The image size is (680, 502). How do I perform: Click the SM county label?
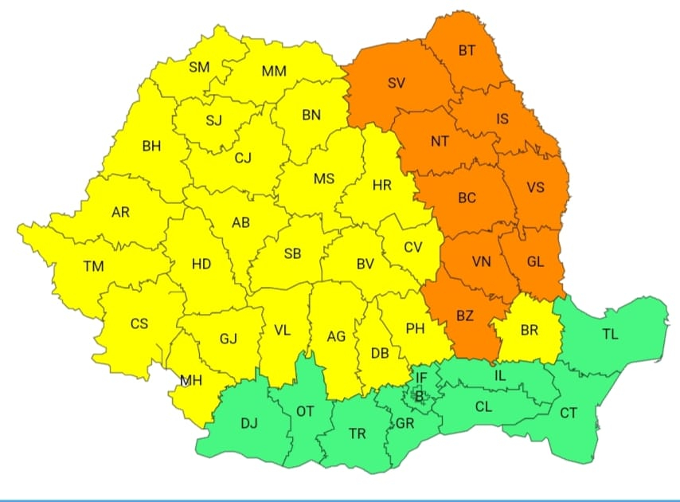199,67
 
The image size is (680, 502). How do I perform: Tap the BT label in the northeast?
467,50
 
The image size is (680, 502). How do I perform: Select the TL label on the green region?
610,335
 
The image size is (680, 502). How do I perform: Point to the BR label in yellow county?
529,329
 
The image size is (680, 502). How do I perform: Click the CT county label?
569,413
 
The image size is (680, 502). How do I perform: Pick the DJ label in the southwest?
249,423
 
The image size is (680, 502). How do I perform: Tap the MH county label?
191,380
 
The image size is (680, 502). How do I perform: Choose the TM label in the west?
93,266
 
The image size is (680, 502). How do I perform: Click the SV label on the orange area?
397,83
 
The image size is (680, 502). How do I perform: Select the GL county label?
535,261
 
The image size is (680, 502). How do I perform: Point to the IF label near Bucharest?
421,377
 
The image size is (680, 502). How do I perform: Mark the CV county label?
412,247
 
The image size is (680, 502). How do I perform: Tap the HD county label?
201,263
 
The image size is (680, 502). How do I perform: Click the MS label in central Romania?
323,178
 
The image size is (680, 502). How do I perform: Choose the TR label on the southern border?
358,433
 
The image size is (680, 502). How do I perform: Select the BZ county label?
465,316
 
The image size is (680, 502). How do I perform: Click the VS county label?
536,188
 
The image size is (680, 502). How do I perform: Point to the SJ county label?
214,121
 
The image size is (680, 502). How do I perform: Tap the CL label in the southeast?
483,406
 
